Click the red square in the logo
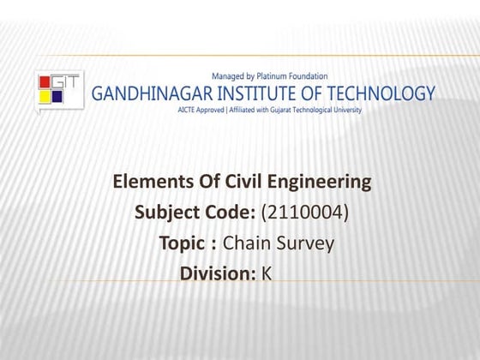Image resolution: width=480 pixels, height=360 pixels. [45, 83]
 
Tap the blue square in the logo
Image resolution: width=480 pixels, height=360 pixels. [57, 96]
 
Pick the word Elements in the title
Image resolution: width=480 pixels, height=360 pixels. [148, 182]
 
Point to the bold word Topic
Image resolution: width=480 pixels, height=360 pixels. [183, 243]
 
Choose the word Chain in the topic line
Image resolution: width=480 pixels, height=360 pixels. [248, 243]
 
